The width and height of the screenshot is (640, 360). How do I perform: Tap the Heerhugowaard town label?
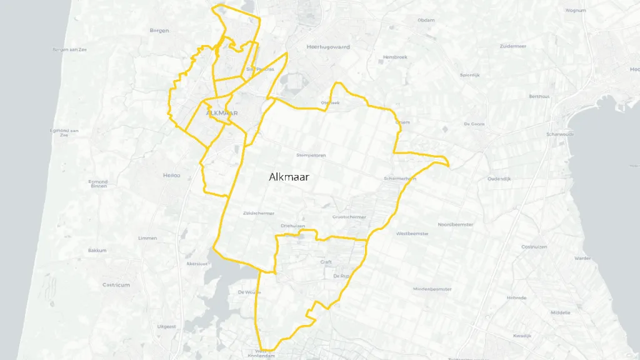click(328, 47)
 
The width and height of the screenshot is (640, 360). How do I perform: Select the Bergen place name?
click(159, 31)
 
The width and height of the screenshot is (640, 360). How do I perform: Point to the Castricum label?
click(116, 284)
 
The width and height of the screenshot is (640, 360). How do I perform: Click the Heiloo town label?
click(171, 175)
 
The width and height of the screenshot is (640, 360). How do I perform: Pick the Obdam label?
click(426, 20)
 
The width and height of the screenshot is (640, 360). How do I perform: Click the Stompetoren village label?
click(311, 155)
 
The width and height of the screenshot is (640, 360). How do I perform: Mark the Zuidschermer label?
click(259, 213)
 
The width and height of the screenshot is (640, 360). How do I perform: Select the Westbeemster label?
click(412, 233)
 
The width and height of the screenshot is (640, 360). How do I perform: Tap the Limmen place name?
click(148, 238)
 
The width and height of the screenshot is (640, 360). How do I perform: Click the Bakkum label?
click(97, 251)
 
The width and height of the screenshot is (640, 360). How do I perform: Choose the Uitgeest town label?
click(167, 326)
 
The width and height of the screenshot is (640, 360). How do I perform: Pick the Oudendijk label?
click(499, 179)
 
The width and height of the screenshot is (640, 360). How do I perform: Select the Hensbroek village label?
click(395, 57)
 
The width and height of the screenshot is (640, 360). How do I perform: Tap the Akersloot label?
click(196, 264)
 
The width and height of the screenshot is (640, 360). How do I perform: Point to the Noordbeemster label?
click(456, 224)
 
